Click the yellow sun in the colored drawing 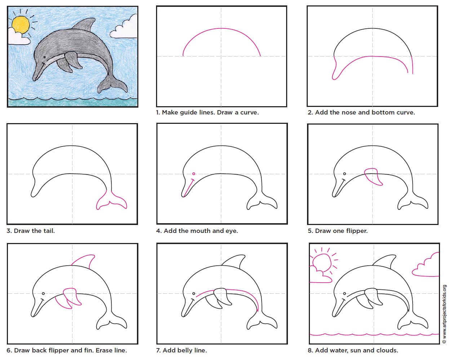(21, 25)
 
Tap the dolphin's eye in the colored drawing (44, 57)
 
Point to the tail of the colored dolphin (112, 84)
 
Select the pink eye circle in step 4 (194, 174)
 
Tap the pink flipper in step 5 (373, 176)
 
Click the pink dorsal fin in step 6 (84, 261)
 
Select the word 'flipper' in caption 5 (357, 231)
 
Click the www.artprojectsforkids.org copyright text (444, 314)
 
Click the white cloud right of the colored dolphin (124, 27)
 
